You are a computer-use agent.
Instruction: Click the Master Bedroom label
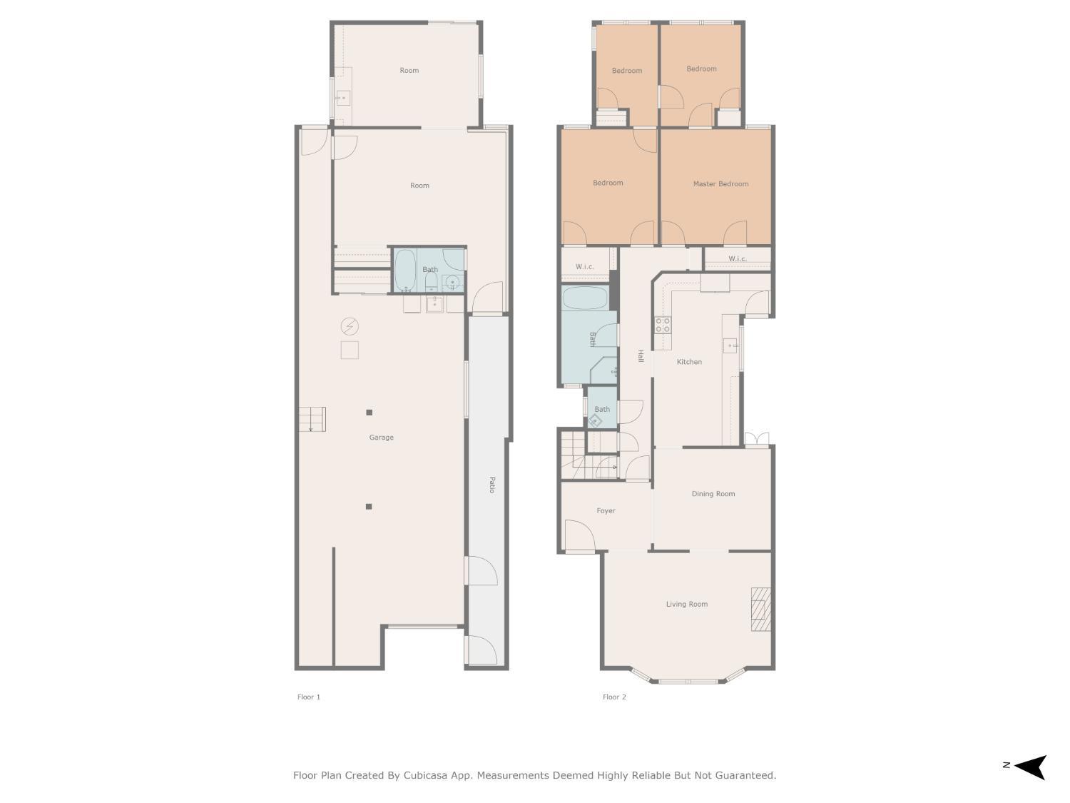point(720,184)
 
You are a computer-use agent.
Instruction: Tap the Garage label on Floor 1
point(381,438)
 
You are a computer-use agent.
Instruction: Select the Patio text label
point(491,485)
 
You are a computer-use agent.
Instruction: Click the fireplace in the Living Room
point(760,609)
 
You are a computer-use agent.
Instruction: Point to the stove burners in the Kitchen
point(663,325)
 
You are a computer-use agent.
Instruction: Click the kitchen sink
point(730,345)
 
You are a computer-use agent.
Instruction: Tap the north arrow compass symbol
point(1029,767)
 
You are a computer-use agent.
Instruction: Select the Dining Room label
point(713,494)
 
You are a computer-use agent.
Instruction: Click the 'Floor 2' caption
point(614,697)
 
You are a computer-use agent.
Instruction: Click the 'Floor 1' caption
point(309,697)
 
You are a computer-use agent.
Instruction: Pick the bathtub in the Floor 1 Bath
point(405,271)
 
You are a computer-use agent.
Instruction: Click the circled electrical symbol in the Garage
point(349,327)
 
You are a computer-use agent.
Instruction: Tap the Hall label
point(641,355)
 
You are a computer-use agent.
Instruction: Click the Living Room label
point(686,605)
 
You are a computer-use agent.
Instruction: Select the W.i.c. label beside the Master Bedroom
point(738,259)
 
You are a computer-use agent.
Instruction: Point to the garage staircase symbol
point(312,419)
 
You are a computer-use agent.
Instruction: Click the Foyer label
point(606,511)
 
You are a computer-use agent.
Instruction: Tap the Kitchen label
point(689,362)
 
